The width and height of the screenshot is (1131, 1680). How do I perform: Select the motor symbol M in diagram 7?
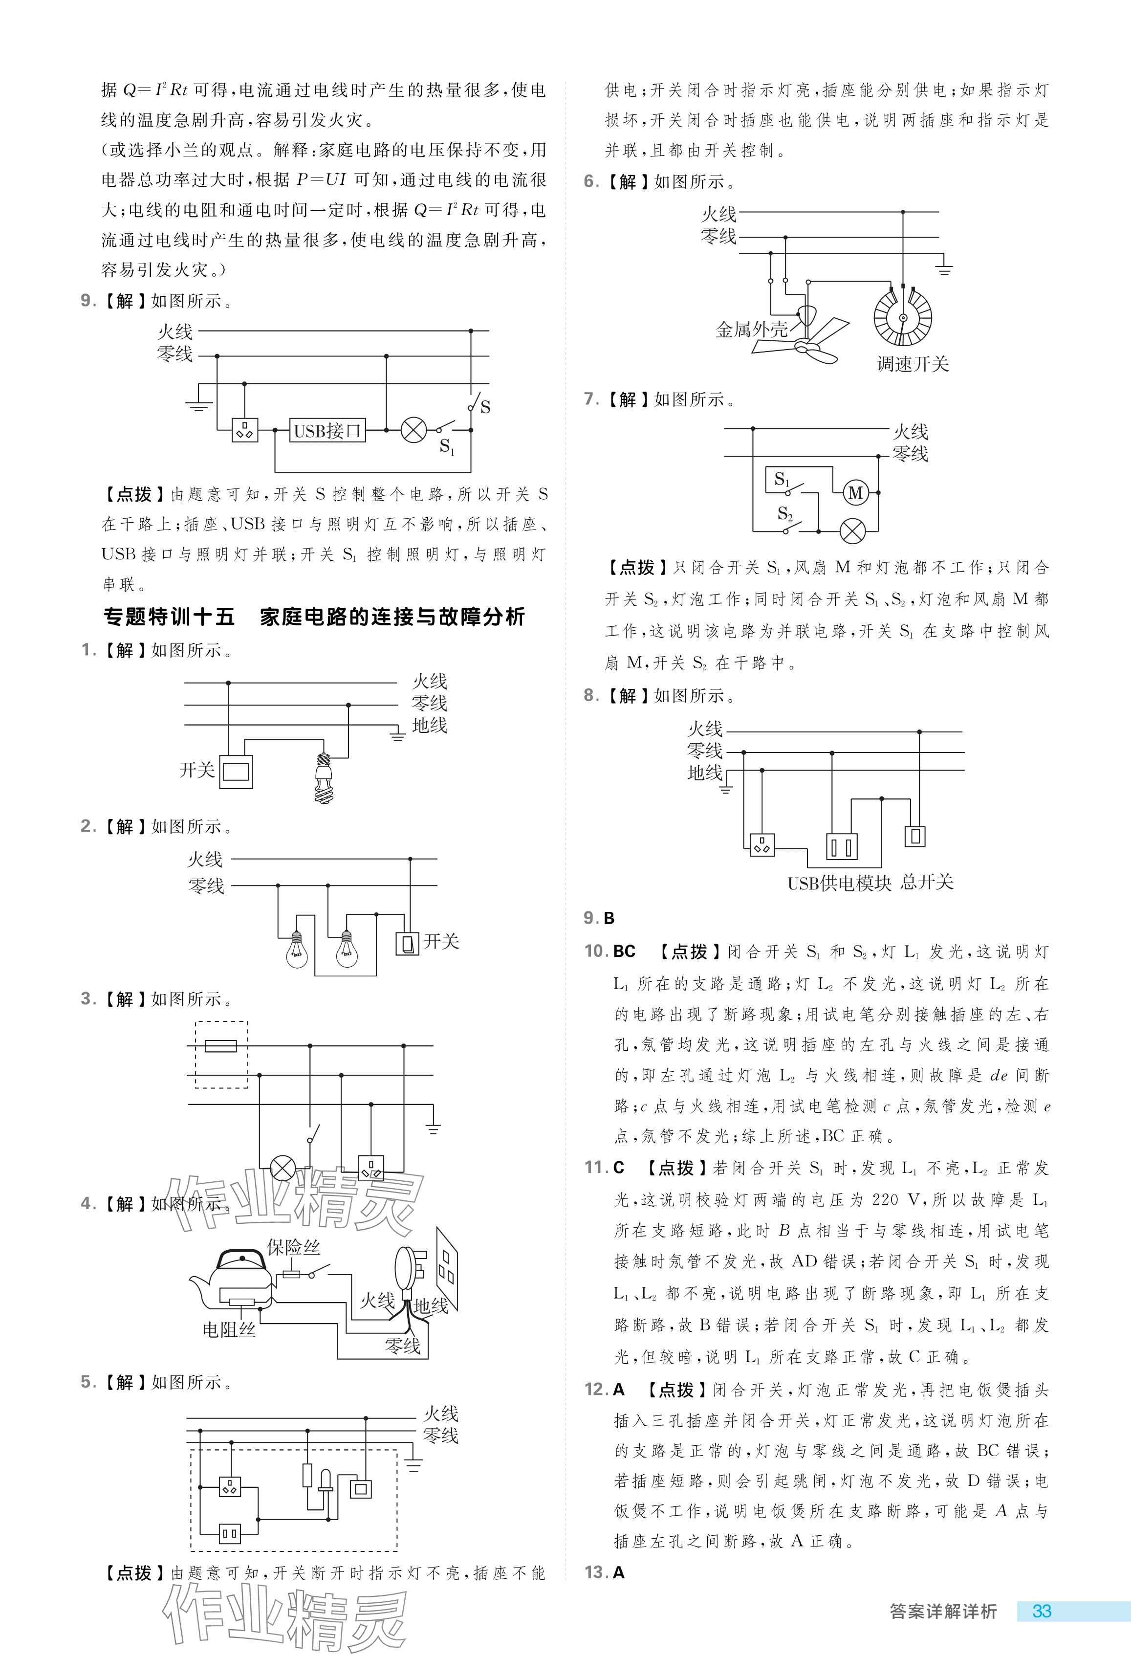tap(855, 493)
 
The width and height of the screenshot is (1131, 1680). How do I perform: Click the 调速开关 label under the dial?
tap(913, 364)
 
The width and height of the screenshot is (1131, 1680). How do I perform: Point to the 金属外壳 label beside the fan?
tap(752, 330)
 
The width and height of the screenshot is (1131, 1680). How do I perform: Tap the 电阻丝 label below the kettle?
tap(229, 1329)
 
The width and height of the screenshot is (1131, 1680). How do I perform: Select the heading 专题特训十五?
tap(170, 617)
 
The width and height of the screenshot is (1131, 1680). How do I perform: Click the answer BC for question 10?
tap(624, 951)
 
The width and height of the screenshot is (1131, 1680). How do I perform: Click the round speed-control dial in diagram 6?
tap(902, 317)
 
